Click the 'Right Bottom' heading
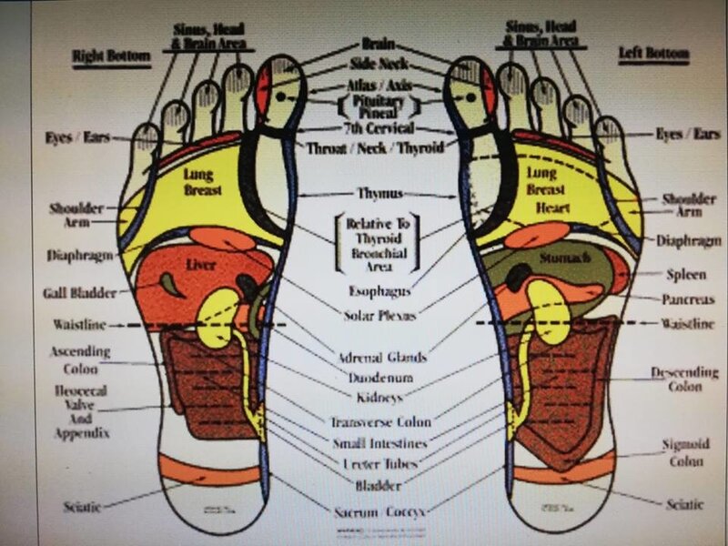[x=111, y=56]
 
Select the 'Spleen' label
[x=683, y=272]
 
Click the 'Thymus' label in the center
[x=379, y=194]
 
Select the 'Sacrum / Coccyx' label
[x=379, y=511]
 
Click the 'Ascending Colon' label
[x=81, y=358]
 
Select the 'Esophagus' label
[x=378, y=292]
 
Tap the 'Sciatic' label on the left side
[x=82, y=505]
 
